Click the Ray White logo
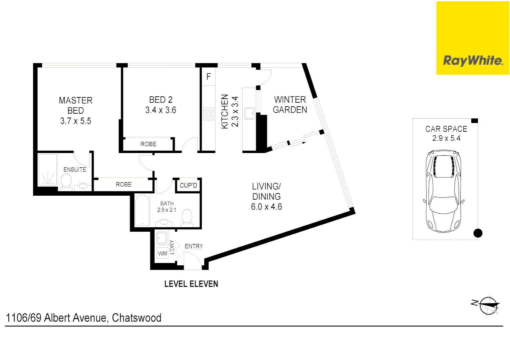473,60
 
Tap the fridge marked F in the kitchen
208,77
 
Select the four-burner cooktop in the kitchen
209,114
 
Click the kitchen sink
249,113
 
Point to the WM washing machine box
162,253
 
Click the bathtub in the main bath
142,210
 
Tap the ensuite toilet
66,181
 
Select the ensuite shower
48,170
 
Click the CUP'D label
188,185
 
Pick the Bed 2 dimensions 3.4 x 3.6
160,110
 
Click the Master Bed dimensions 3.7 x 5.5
76,121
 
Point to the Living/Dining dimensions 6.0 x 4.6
266,207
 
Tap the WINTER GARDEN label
290,105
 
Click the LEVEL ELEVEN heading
191,284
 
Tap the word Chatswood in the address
136,318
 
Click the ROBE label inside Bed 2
148,144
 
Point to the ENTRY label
194,246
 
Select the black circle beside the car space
478,233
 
